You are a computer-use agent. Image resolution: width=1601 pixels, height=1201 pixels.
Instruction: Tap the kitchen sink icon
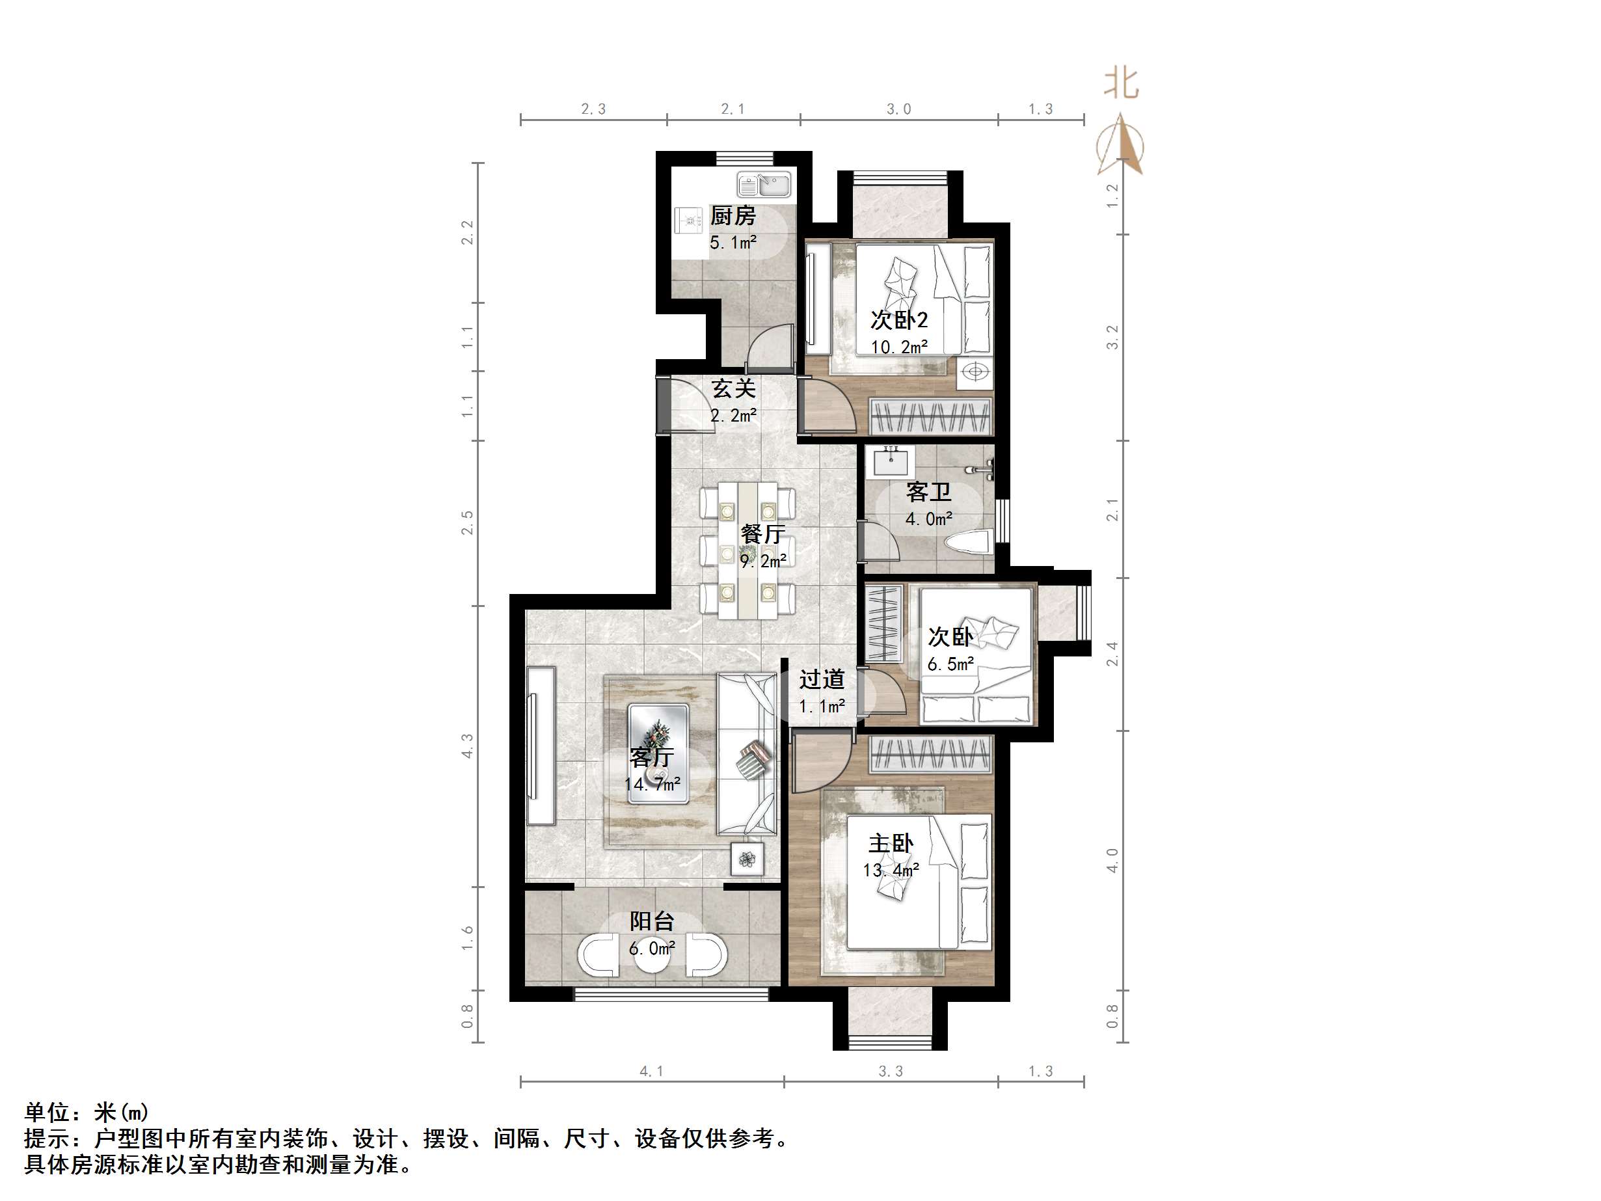click(x=764, y=185)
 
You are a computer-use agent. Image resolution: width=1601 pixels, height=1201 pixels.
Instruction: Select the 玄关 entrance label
click(x=733, y=389)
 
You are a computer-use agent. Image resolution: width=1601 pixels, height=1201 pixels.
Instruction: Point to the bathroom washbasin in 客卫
click(x=892, y=462)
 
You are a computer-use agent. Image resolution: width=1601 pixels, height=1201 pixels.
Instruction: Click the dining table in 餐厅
click(x=747, y=550)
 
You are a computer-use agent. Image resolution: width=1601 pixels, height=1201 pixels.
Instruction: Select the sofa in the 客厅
click(x=746, y=753)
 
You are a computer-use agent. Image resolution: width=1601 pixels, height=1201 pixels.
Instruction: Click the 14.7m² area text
click(x=652, y=784)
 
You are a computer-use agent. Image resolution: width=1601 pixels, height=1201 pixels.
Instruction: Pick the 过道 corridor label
click(x=822, y=679)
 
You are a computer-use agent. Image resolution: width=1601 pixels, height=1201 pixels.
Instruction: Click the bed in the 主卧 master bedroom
click(x=918, y=881)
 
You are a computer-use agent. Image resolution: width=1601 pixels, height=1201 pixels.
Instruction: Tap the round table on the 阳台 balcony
click(x=654, y=956)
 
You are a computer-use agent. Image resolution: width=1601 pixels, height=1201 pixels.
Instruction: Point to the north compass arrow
click(x=1120, y=145)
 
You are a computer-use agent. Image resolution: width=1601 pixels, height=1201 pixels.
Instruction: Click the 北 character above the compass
click(x=1120, y=84)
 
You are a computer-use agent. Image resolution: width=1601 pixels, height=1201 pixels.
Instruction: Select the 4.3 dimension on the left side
click(x=467, y=746)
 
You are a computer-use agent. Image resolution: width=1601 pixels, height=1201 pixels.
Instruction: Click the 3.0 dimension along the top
click(x=898, y=109)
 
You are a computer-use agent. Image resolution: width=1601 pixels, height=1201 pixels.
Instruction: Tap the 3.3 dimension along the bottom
click(x=890, y=1072)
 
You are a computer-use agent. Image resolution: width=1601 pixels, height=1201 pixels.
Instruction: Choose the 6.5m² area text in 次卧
click(x=950, y=664)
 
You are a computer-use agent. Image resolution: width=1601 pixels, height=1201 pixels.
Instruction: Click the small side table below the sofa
click(x=747, y=859)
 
